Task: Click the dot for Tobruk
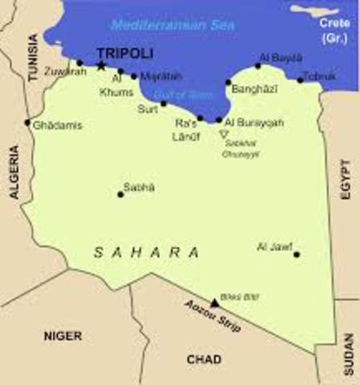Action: tap(301, 79)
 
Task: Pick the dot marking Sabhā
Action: tap(121, 194)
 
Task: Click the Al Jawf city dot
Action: tap(297, 254)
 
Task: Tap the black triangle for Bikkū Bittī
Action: tap(214, 303)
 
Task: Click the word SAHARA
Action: tap(147, 252)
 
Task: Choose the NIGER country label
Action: tap(63, 336)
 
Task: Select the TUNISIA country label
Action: tap(33, 60)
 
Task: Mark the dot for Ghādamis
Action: tap(27, 123)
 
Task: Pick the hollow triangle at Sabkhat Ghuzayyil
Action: tap(224, 134)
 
